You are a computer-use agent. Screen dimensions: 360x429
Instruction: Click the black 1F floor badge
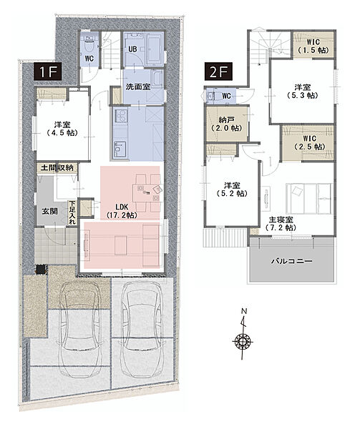[48, 71]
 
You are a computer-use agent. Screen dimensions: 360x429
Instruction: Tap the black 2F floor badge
[218, 71]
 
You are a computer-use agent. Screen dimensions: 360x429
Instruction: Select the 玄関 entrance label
[49, 211]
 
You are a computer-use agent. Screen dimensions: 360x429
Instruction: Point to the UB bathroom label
[132, 49]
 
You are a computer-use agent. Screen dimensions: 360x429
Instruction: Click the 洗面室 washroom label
[137, 87]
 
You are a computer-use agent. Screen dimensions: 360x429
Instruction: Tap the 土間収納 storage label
[57, 168]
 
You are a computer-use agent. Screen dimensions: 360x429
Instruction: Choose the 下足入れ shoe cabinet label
[72, 213]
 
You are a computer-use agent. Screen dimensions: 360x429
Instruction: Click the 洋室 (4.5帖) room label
[62, 129]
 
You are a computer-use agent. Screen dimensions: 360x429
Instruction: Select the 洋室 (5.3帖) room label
[302, 92]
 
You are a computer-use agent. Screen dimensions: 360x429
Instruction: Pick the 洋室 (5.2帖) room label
[232, 189]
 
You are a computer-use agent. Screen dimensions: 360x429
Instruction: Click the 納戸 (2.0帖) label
[226, 124]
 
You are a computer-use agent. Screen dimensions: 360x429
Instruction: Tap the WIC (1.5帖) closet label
[313, 46]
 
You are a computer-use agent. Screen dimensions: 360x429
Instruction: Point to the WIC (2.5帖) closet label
[309, 142]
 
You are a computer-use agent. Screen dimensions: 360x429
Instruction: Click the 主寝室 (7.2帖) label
[281, 224]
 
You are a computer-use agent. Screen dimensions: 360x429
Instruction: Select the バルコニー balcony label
[291, 261]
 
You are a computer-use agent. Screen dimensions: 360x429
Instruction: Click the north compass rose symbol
[243, 341]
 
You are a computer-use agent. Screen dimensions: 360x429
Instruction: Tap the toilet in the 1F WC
[89, 45]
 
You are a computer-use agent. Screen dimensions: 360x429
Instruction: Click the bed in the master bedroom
[310, 198]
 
